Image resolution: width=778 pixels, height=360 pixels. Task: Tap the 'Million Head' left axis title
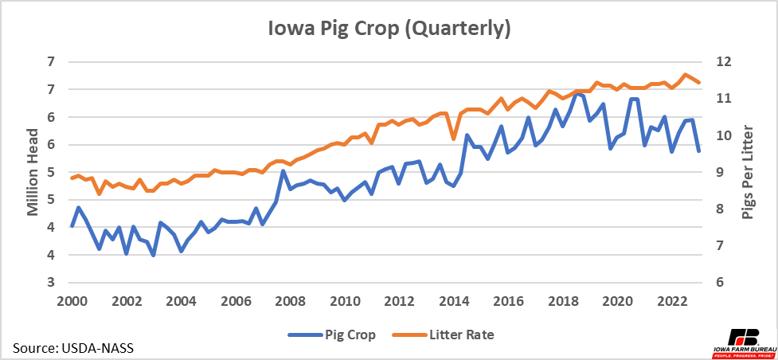coord(33,172)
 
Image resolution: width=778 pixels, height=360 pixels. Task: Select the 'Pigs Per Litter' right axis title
coord(748,172)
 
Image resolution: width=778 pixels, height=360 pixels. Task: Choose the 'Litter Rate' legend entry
coord(446,335)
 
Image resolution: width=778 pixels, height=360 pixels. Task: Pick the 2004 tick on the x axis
coord(182,302)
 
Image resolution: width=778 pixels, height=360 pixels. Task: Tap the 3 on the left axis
coord(52,283)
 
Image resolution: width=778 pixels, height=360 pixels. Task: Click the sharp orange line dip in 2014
coord(454,139)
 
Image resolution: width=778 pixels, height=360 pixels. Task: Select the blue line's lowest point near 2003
coord(153,255)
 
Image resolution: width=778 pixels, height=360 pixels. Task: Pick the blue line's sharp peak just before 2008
coord(283,171)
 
